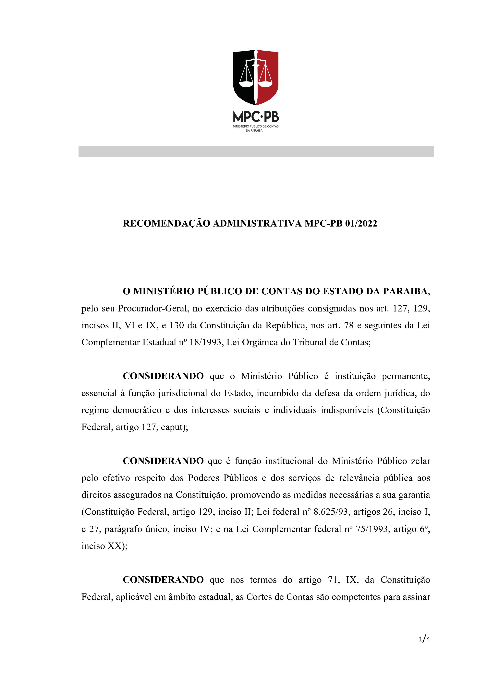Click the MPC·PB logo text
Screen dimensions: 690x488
[x=256, y=117]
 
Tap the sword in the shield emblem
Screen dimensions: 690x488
[x=256, y=77]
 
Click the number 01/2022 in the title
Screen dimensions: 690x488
[x=361, y=224]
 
